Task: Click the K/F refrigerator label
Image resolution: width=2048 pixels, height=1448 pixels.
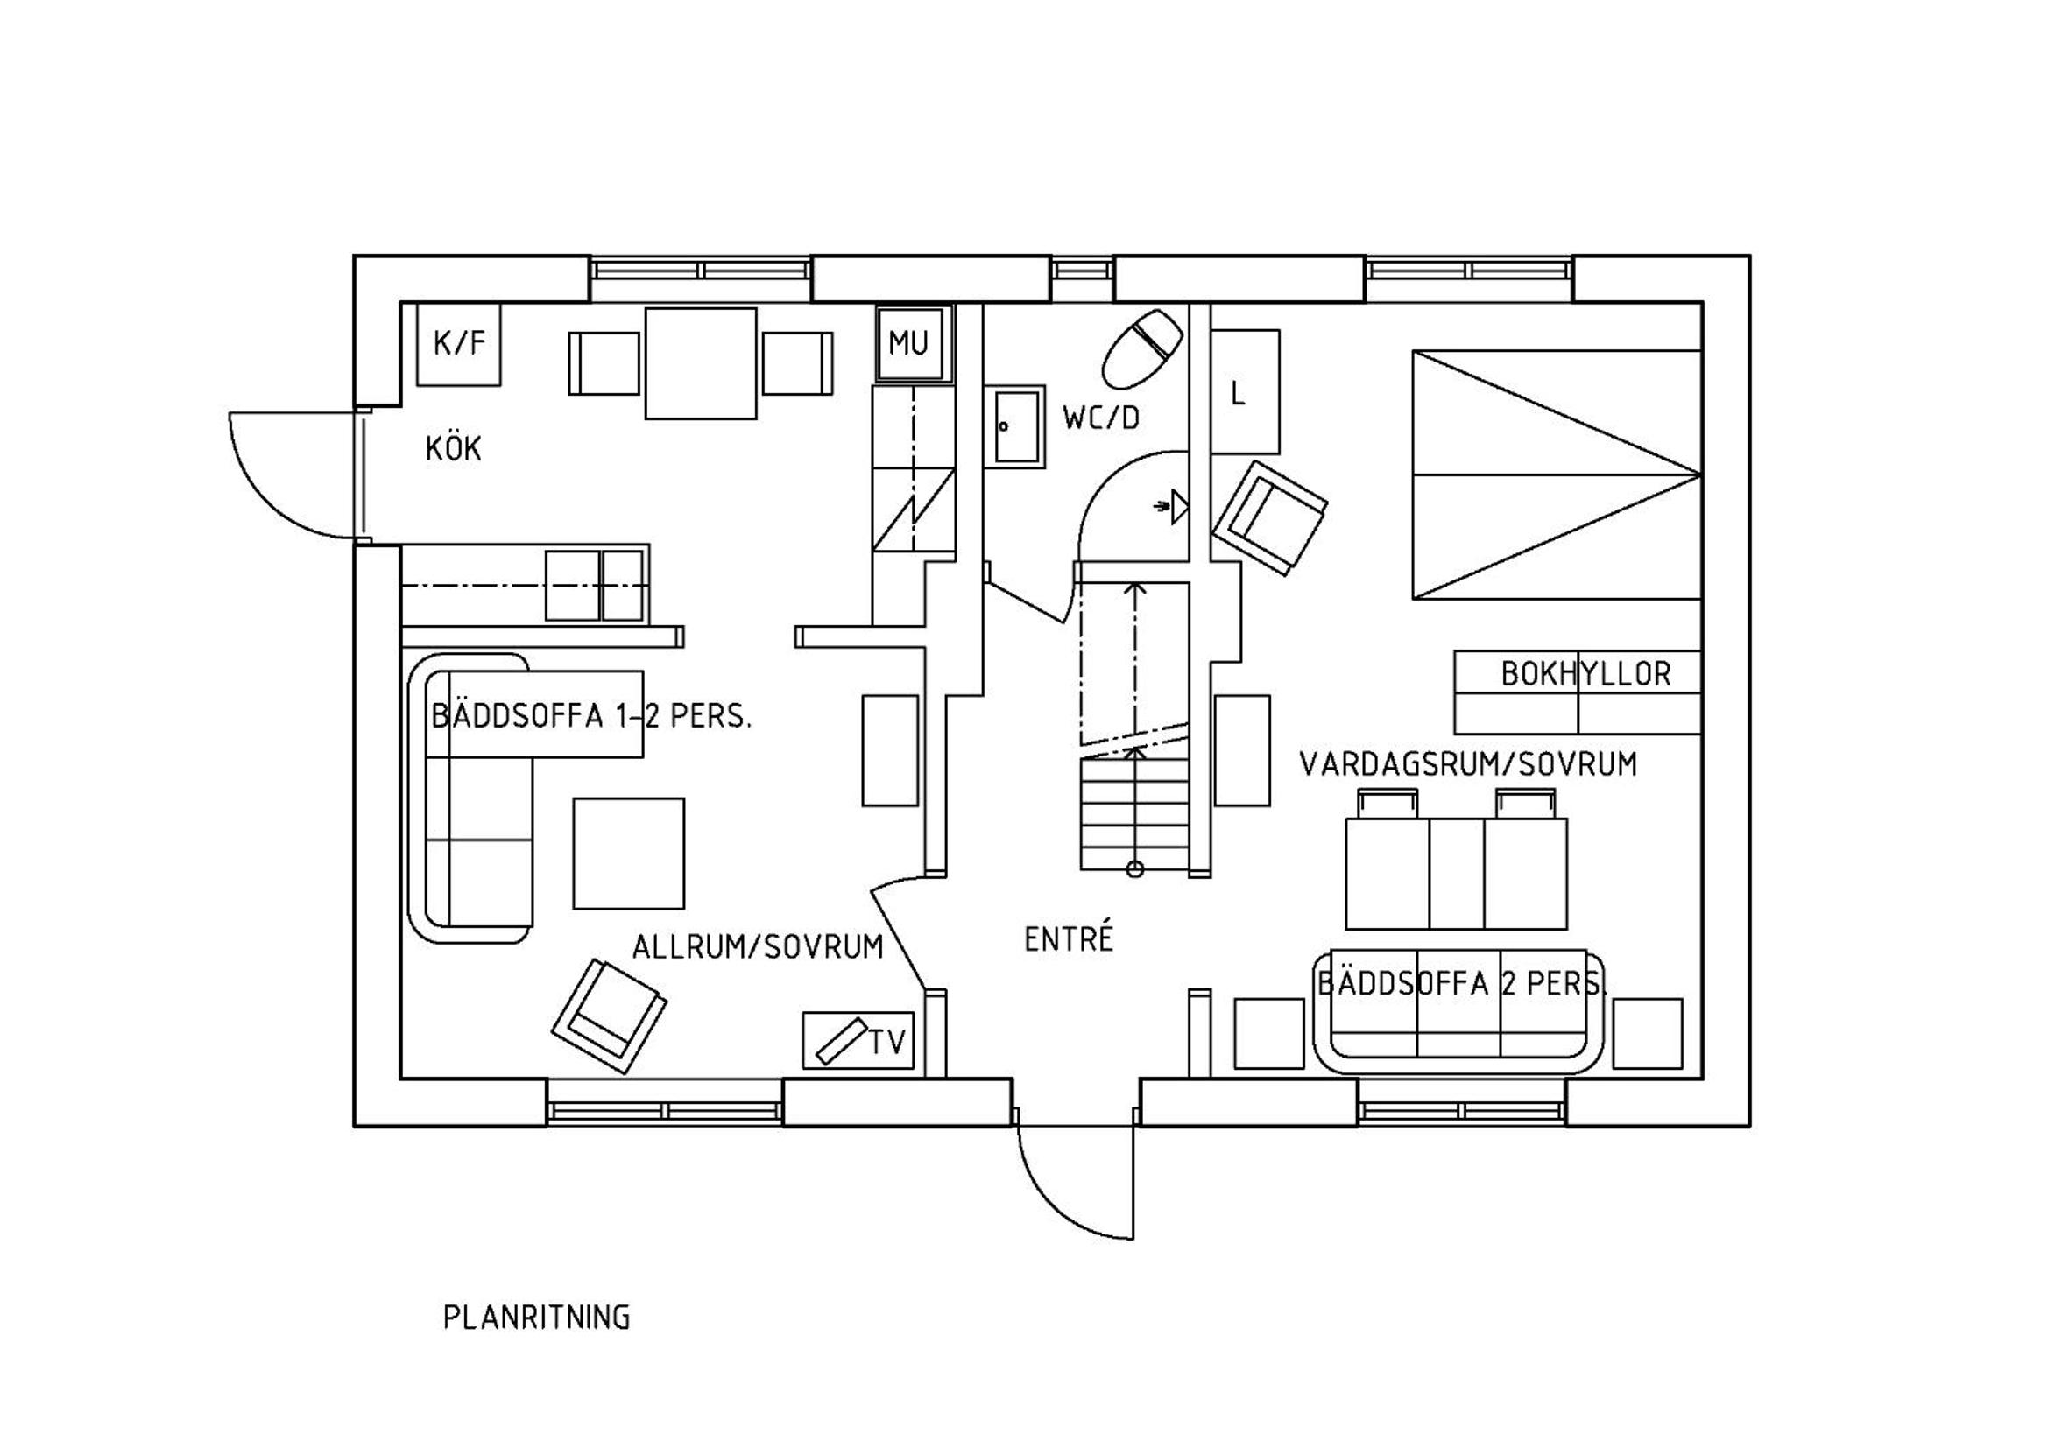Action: pyautogui.click(x=459, y=342)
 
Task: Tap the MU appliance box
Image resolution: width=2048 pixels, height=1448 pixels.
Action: pyautogui.click(x=915, y=343)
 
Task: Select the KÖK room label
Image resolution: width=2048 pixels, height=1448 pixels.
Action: pyautogui.click(x=453, y=447)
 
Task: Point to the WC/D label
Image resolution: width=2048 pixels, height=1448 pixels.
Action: pyautogui.click(x=1101, y=418)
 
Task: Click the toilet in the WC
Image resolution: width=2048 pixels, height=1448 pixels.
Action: pyautogui.click(x=1142, y=348)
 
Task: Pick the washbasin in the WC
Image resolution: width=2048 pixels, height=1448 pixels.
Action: pyautogui.click(x=1015, y=427)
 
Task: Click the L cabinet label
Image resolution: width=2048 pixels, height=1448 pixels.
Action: pyautogui.click(x=1237, y=393)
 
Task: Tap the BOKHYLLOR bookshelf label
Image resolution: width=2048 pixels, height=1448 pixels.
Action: pyautogui.click(x=1586, y=674)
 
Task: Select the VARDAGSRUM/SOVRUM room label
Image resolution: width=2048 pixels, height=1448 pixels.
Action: pyautogui.click(x=1468, y=765)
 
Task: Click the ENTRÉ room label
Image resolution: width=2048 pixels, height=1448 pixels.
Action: pyautogui.click(x=1069, y=938)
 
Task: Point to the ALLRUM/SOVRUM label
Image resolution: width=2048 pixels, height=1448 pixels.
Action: pyautogui.click(x=758, y=947)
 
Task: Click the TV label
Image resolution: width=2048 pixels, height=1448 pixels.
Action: pyautogui.click(x=887, y=1042)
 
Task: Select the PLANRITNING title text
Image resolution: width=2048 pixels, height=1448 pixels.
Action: pyautogui.click(x=537, y=1318)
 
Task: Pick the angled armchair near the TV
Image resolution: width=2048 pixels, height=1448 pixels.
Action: pyautogui.click(x=609, y=1016)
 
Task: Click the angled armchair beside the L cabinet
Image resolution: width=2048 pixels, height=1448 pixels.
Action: pyautogui.click(x=1269, y=517)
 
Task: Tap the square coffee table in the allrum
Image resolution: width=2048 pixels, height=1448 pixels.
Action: pyautogui.click(x=629, y=854)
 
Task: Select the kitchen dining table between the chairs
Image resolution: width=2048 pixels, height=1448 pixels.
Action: pyautogui.click(x=701, y=363)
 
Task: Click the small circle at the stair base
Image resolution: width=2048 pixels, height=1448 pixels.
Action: pyautogui.click(x=1134, y=869)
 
